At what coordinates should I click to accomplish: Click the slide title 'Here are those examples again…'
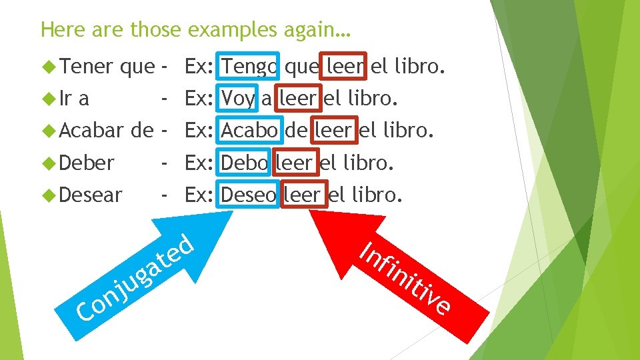point(195,29)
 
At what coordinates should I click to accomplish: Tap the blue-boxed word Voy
point(238,99)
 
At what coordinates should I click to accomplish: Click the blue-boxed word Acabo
point(249,131)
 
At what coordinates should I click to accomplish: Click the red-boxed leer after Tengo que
point(344,67)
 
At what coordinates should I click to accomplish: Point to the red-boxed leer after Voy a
point(297,99)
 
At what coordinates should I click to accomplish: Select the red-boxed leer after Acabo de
point(333,131)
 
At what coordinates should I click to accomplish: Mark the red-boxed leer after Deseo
point(304,195)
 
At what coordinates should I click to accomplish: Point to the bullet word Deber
point(87,163)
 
